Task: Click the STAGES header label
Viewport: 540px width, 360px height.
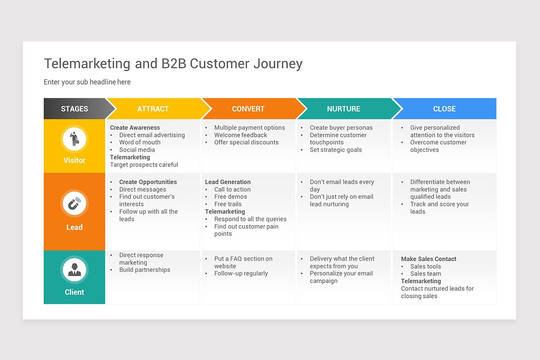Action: coord(74,109)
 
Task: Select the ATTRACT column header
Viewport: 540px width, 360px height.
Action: coord(153,109)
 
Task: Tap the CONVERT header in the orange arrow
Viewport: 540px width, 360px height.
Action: coord(248,109)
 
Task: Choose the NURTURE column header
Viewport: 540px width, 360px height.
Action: coord(343,109)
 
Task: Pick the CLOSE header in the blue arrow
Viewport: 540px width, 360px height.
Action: coord(444,109)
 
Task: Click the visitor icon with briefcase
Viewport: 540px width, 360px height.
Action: coord(74,139)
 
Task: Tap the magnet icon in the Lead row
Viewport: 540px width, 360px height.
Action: coord(74,204)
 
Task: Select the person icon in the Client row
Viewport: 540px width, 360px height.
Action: coord(74,270)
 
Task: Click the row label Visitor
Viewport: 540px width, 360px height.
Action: coord(74,160)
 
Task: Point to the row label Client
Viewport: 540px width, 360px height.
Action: coord(74,292)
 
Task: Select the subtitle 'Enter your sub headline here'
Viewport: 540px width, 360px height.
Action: coord(87,82)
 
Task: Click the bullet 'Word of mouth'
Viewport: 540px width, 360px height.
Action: coord(139,142)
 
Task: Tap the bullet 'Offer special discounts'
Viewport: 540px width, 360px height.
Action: coord(246,142)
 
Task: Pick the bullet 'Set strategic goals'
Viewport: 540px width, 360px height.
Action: coord(335,150)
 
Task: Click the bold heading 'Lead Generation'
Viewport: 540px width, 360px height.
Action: coord(228,182)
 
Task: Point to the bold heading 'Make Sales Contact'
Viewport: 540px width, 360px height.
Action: coord(428,259)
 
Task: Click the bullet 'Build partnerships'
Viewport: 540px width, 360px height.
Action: coord(144,270)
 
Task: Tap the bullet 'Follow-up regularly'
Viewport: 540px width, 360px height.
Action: coord(241,274)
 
